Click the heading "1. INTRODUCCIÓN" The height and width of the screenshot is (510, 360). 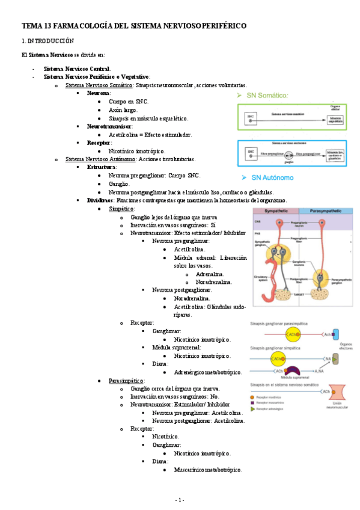[x=47, y=41]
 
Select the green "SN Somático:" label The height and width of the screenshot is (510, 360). [x=267, y=96]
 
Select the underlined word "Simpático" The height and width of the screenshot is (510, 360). [x=122, y=208]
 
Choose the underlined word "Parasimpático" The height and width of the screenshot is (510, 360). [x=126, y=381]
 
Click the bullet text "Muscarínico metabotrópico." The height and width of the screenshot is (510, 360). [x=207, y=469]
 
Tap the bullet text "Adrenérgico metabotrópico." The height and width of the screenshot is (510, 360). [x=207, y=372]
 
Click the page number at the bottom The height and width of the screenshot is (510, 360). [x=180, y=500]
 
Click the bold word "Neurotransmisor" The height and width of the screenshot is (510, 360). [x=109, y=127]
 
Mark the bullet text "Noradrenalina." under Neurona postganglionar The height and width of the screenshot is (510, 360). [x=192, y=298]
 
